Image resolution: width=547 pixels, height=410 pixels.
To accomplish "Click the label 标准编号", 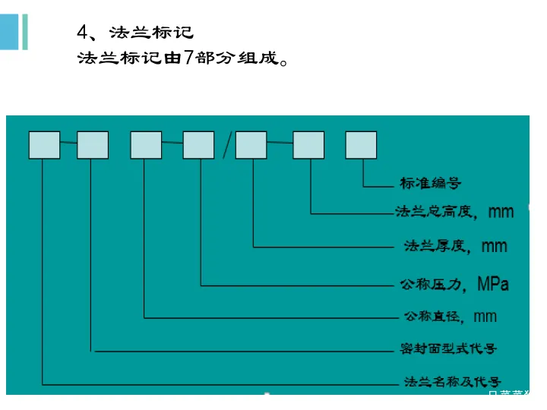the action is [430, 183].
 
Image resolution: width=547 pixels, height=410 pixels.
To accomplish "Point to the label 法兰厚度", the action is [433, 245].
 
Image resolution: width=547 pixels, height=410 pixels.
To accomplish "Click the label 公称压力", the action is [431, 285].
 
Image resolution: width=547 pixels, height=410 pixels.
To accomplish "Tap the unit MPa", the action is [493, 285].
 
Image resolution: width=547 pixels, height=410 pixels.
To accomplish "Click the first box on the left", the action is [44, 145].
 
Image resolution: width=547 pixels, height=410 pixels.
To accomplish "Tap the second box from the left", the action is [93, 145].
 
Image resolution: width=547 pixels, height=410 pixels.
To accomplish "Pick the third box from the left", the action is [146, 145].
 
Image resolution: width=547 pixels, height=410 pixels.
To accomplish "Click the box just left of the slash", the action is [199, 145].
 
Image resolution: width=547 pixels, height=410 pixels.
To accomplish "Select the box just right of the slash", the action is [251, 145].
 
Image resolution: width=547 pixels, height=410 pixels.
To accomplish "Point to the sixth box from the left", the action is [308, 145].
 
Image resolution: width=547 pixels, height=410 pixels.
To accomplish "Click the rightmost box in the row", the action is [361, 145].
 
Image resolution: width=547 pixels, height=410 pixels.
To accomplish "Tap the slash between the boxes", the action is [226, 145].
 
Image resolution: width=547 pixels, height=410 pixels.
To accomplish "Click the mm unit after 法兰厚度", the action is [495, 246].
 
